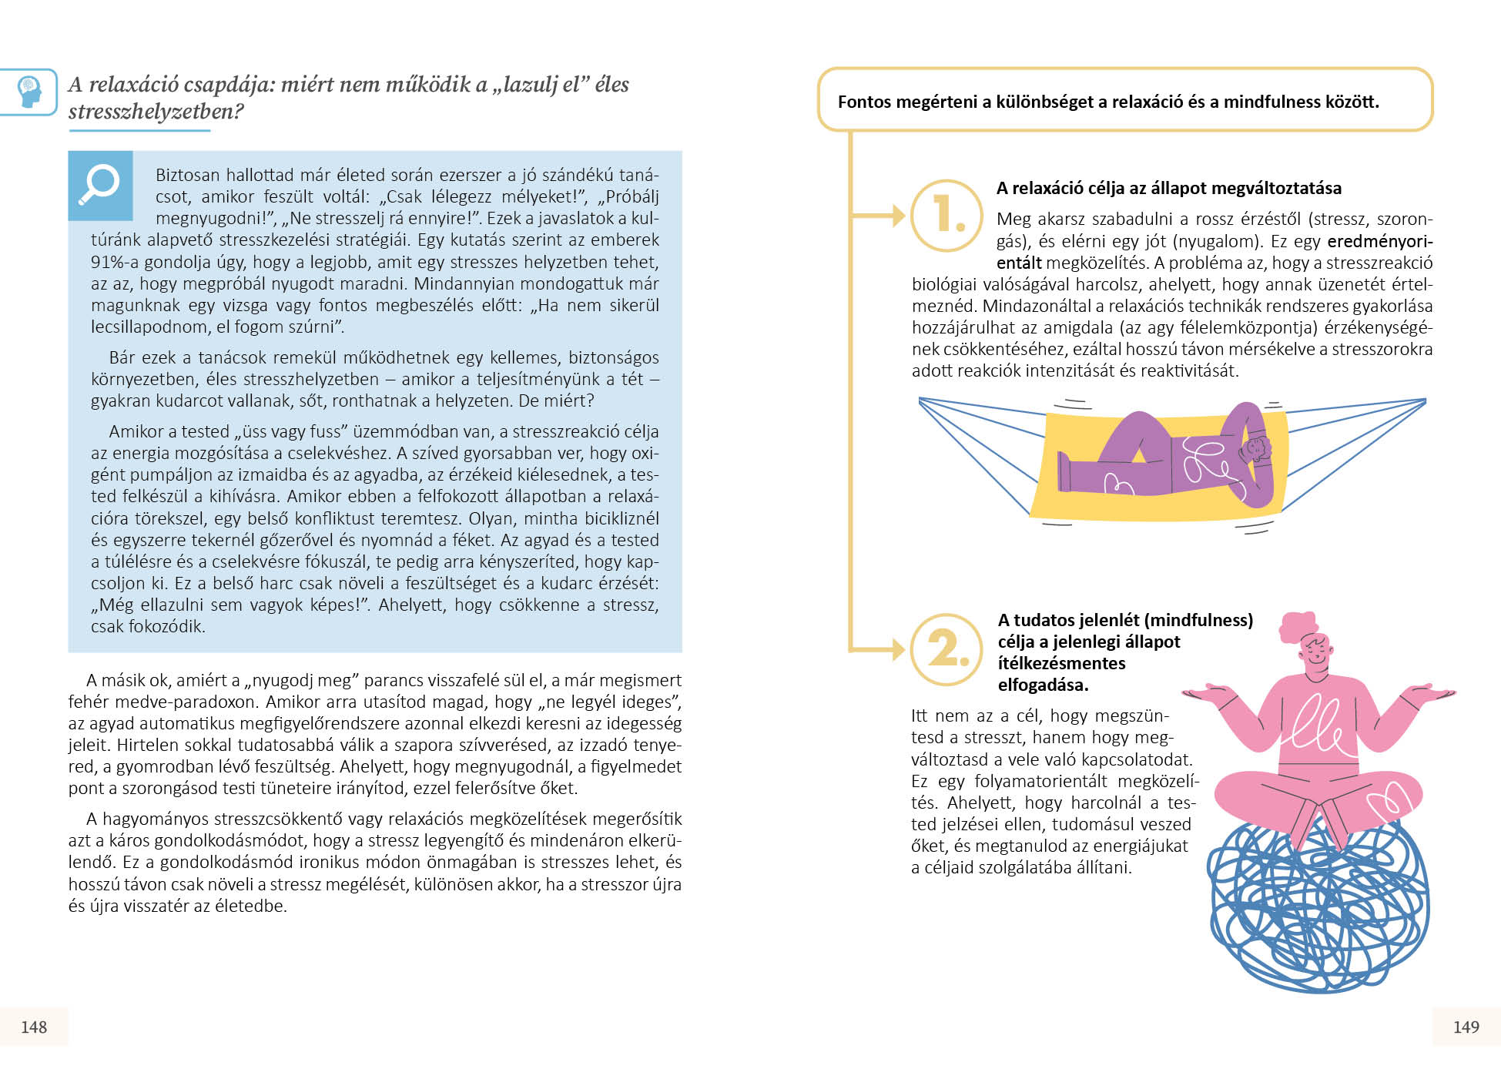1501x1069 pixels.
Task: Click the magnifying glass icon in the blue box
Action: pyautogui.click(x=100, y=185)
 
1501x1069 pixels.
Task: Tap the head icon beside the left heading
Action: pyautogui.click(x=29, y=92)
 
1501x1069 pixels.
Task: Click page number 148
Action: pyautogui.click(x=34, y=1027)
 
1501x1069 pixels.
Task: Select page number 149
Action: pyautogui.click(x=1466, y=1027)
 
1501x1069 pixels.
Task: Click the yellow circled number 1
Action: pyautogui.click(x=947, y=215)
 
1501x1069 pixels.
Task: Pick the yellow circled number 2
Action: pyautogui.click(x=947, y=648)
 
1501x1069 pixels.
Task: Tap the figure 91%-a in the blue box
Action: pyautogui.click(x=116, y=262)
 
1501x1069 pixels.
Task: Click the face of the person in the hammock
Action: pyautogui.click(x=1256, y=448)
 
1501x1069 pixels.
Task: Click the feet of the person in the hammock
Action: pyautogui.click(x=1065, y=471)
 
